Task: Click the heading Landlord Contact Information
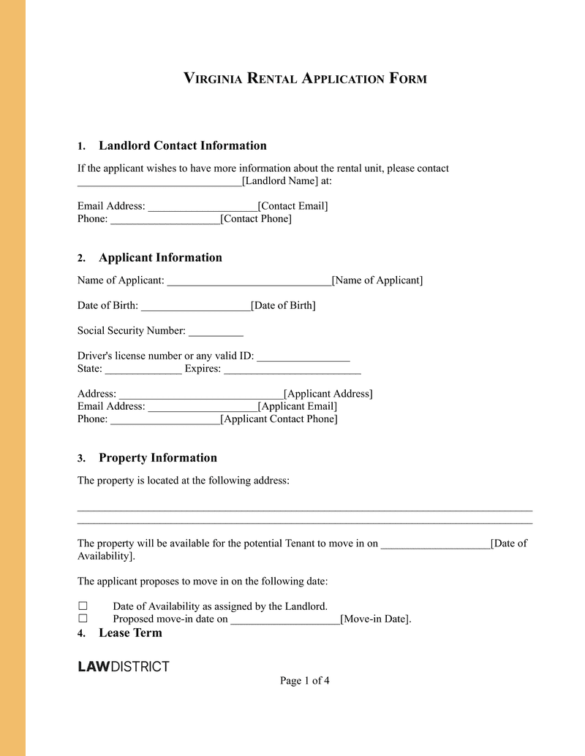click(182, 145)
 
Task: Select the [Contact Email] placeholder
click(293, 206)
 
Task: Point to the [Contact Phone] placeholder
click(256, 218)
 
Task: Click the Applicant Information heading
click(160, 257)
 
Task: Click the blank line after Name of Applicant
click(249, 280)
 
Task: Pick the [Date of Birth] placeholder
click(283, 305)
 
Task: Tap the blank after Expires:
click(292, 369)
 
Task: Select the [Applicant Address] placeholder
click(328, 394)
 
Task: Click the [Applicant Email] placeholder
click(298, 406)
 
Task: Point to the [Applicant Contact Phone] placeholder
click(279, 419)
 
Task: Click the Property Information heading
click(157, 458)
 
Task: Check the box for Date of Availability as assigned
click(83, 606)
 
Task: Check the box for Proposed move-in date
click(83, 619)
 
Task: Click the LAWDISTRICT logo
click(124, 666)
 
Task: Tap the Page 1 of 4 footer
click(304, 681)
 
